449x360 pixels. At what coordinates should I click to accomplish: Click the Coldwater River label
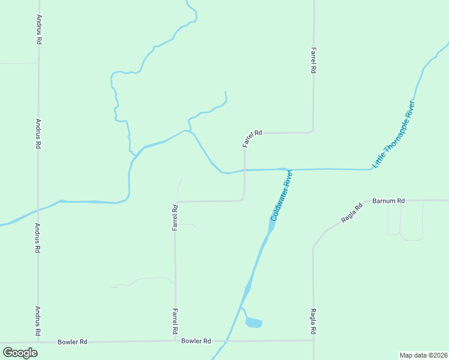[x=281, y=195]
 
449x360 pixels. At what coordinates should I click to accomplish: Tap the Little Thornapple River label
[x=394, y=134]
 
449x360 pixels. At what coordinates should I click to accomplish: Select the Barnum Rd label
[x=389, y=200]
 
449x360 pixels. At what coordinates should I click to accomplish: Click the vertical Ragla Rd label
[x=313, y=322]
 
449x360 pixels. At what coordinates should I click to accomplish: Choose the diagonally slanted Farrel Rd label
[x=253, y=139]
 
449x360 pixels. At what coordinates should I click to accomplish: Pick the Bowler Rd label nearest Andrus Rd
[x=73, y=342]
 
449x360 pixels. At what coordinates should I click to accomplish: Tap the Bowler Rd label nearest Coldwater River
[x=196, y=341]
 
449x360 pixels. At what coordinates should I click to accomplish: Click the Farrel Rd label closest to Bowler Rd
[x=175, y=322]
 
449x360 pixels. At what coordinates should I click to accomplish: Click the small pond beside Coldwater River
[x=254, y=323]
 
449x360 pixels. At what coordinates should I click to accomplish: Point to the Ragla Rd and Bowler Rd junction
[x=313, y=340]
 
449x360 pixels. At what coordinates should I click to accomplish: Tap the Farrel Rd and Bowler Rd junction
[x=175, y=341]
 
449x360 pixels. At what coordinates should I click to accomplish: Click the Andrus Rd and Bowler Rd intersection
[x=38, y=342]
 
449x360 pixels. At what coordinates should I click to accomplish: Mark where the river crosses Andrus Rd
[x=38, y=209]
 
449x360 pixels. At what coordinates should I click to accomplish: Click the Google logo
[x=20, y=352]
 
